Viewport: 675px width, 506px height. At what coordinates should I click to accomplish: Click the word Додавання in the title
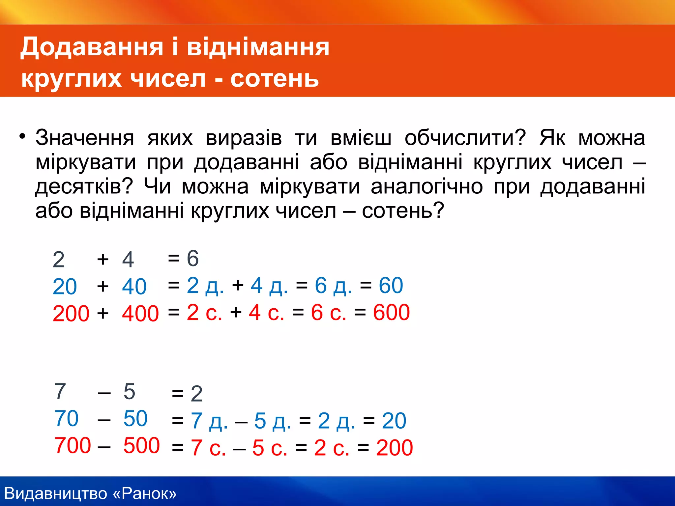click(92, 47)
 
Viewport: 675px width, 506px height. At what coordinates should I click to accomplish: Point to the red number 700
click(73, 445)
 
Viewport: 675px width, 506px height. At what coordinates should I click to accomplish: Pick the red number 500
click(141, 445)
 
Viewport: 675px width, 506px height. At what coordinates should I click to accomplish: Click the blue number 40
click(134, 286)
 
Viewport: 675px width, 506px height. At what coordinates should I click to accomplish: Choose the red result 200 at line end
click(394, 448)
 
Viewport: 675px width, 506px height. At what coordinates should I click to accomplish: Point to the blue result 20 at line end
click(394, 421)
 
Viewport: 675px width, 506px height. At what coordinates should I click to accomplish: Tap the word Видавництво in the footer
click(56, 493)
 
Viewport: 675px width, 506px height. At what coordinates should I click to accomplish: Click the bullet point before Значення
click(22, 136)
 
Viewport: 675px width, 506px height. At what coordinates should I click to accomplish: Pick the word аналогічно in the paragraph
click(427, 186)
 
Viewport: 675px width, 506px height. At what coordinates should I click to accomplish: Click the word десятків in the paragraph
click(84, 186)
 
